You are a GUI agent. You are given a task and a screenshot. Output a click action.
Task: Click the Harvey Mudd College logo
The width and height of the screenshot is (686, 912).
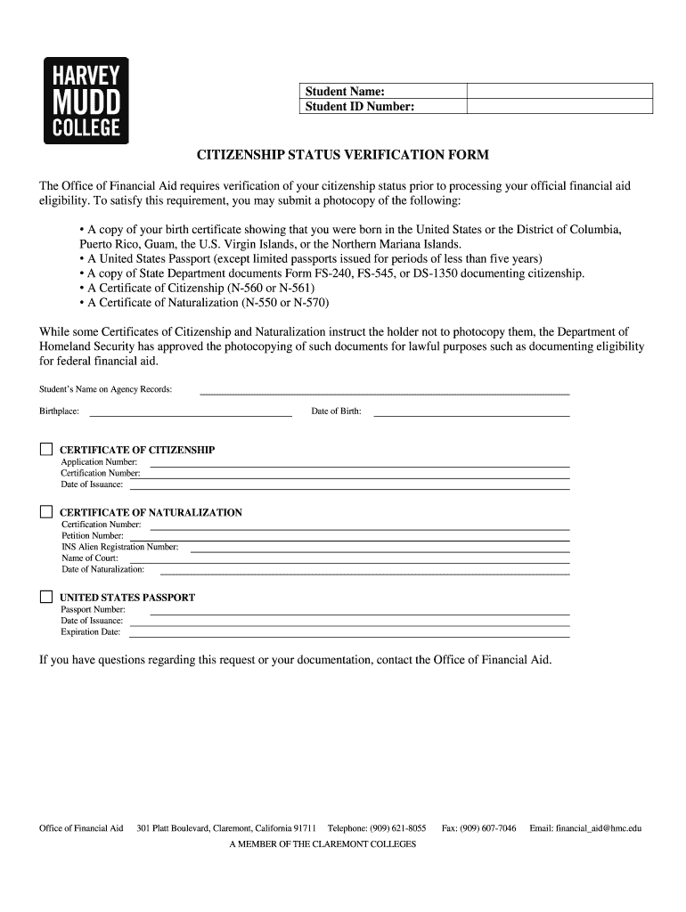pos(86,101)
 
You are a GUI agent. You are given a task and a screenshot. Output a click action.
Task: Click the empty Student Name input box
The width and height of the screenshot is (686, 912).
pos(559,91)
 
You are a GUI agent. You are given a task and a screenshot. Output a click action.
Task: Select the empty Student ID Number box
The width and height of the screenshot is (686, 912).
pos(559,107)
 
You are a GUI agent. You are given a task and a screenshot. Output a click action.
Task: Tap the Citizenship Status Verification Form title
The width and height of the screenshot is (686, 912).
pos(342,155)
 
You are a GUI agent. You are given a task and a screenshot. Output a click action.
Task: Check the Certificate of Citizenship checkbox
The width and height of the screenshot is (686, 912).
pos(46,449)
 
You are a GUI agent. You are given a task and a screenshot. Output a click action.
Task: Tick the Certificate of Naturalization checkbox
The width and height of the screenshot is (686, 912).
pos(46,512)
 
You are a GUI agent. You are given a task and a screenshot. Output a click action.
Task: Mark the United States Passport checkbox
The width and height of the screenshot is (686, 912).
pos(46,597)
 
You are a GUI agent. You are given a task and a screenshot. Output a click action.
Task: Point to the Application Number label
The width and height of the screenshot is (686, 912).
pos(99,462)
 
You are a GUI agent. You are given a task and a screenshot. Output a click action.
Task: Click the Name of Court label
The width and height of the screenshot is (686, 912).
pos(89,558)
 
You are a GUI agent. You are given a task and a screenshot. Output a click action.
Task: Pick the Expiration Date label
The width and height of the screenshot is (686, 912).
pos(90,631)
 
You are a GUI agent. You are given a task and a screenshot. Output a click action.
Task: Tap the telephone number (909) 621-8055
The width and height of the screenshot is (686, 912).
pos(397,828)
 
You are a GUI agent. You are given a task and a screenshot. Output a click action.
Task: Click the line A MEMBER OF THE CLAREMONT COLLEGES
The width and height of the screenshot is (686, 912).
pos(323,843)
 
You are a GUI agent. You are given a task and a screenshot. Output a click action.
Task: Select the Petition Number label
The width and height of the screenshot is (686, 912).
pos(93,535)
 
